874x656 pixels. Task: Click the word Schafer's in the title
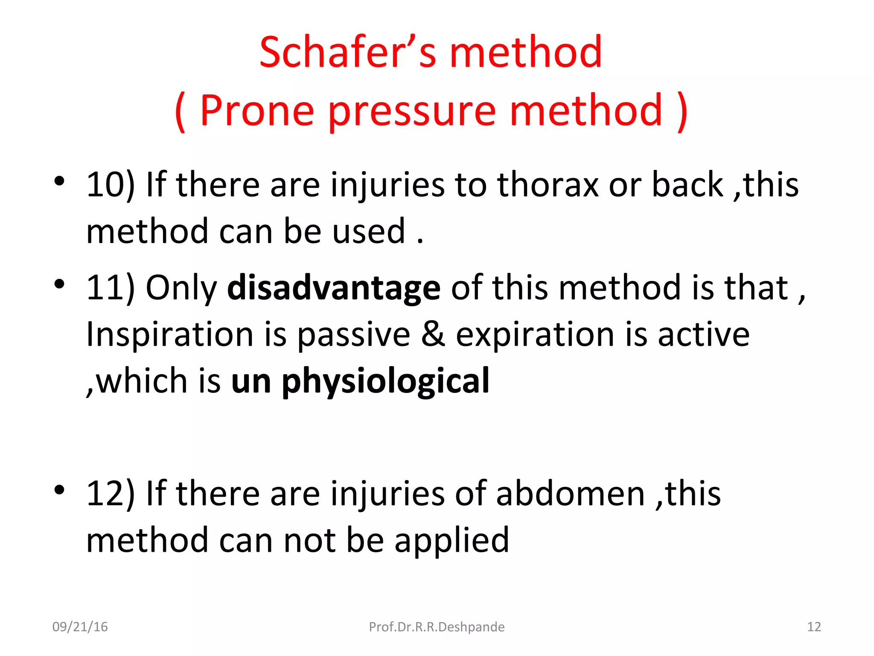(347, 52)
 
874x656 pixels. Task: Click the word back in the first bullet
(687, 184)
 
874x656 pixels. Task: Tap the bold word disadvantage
(334, 288)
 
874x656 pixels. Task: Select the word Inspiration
(169, 334)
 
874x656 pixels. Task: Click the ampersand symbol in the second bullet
(433, 334)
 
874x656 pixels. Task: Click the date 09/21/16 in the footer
(80, 627)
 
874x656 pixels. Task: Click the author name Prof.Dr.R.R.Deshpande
(437, 627)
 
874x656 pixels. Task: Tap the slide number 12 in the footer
(814, 627)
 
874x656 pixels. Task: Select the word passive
(353, 334)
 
